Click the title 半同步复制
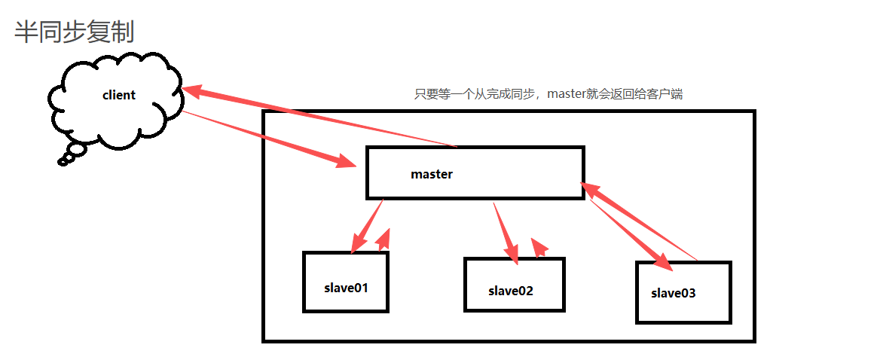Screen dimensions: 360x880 coord(74,32)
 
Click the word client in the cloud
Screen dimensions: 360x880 coord(119,95)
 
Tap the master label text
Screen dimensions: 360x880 coord(432,174)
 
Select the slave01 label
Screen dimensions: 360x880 coord(346,288)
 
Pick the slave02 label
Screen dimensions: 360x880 coord(510,291)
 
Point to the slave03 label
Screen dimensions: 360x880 coord(674,293)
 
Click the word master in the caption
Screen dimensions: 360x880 coord(571,94)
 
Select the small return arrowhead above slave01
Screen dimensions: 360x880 coord(384,239)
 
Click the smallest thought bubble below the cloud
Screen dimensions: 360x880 coord(63,160)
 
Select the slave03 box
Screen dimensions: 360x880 coord(683,292)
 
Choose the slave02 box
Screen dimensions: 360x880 coord(514,284)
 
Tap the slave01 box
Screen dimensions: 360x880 coord(346,281)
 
